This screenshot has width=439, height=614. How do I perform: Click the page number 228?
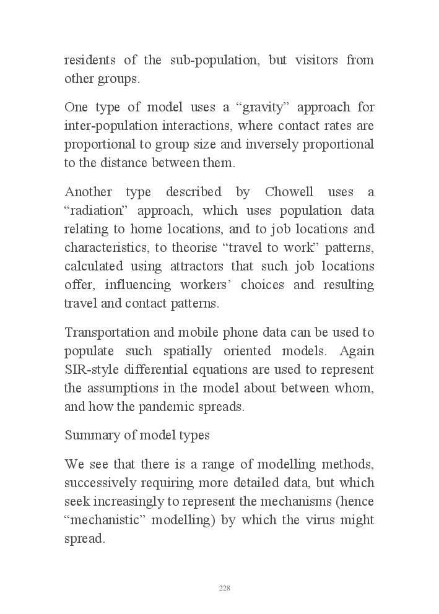coord(224,588)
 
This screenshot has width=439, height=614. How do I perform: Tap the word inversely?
coord(272,145)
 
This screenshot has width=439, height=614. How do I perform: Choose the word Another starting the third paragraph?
coord(86,192)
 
